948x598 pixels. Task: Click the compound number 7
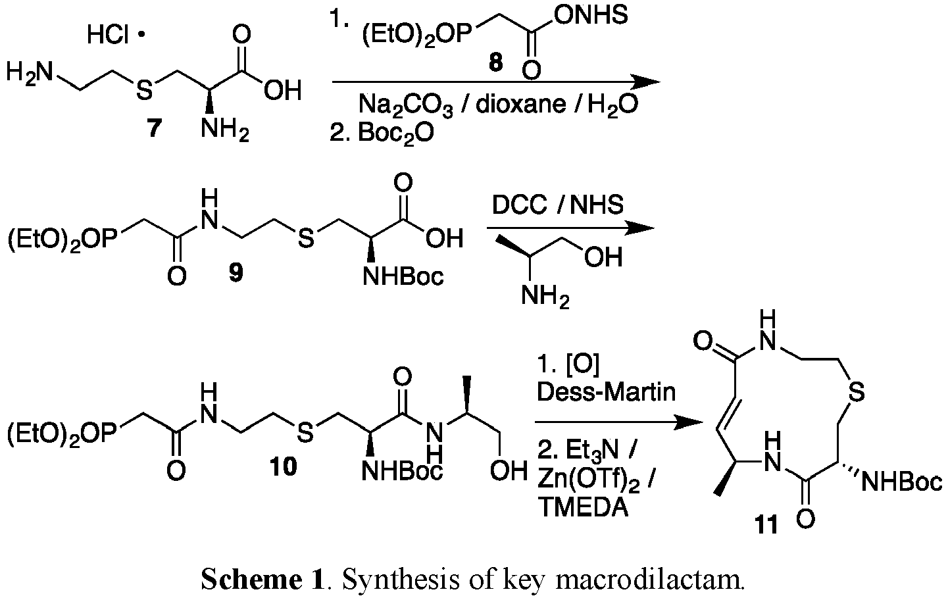pos(154,128)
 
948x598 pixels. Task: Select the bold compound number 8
pos(495,63)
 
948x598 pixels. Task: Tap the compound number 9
pos(236,272)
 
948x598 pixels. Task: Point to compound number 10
pos(284,466)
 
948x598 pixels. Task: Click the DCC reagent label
pos(519,205)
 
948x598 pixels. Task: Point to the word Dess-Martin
pos(606,392)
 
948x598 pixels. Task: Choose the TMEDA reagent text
pos(583,507)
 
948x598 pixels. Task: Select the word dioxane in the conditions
pos(521,104)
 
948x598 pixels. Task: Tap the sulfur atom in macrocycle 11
pos(856,392)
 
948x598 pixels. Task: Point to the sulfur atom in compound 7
pos(144,91)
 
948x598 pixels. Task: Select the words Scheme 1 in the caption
pos(262,580)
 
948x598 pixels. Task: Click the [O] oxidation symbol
pos(582,365)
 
